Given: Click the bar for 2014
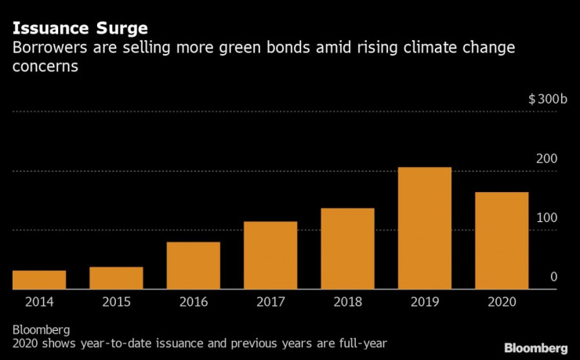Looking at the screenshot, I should pos(39,280).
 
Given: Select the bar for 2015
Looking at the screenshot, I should pos(116,278).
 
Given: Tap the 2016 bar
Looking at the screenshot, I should pos(193,266).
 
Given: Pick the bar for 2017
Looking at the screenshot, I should pos(270,256).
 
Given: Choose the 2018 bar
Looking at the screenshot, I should pos(347,249).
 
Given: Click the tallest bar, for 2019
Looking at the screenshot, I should pos(424,228).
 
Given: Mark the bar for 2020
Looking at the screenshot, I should pos(502,241).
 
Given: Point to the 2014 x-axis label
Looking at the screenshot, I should pos(39,302).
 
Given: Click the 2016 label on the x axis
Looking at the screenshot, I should pos(193,302).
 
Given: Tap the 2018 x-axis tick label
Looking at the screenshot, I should pos(347,302).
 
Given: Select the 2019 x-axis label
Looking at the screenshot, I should pos(424,302).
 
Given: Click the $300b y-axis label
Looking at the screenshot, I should pos(542,100).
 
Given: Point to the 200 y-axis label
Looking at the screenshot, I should pos(546,159).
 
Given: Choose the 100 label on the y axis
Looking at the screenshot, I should pos(546,217).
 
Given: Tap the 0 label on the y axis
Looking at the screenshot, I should pos(553,277).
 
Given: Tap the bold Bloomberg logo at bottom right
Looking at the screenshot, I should pos(535,347).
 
